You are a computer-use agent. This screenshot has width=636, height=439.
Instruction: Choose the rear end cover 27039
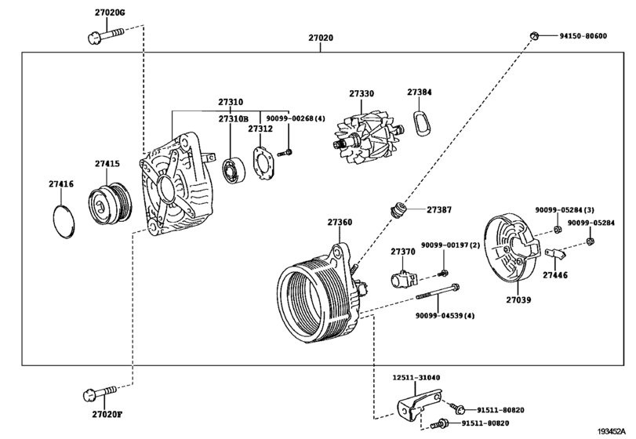[511, 250]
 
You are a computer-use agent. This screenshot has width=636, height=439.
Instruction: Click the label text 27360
[340, 223]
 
